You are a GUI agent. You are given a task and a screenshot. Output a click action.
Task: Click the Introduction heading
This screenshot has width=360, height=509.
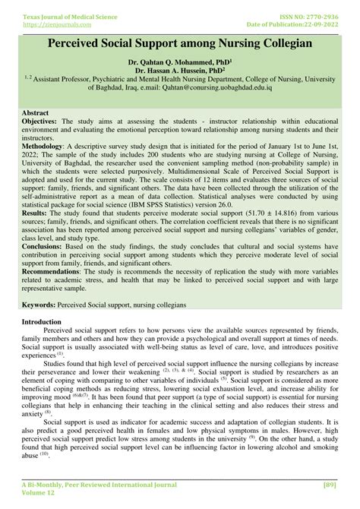pos(42,343)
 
